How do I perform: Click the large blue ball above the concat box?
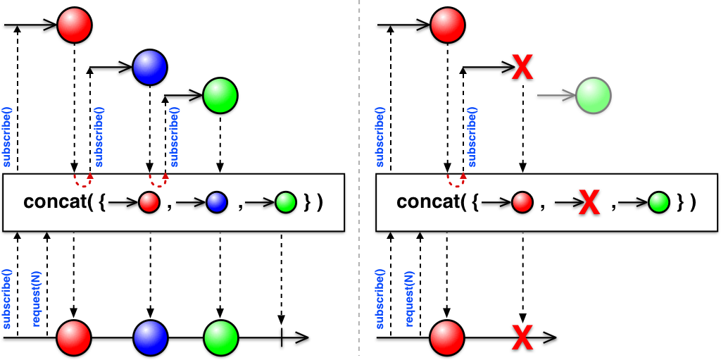(x=149, y=67)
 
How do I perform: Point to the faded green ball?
(x=593, y=96)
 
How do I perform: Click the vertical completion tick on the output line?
(x=281, y=337)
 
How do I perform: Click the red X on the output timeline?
(x=522, y=337)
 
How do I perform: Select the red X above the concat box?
(x=522, y=67)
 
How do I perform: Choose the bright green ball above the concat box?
(x=220, y=96)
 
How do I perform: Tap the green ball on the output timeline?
(x=220, y=337)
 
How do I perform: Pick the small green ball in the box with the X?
(x=659, y=203)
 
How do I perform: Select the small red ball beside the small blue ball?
(x=149, y=203)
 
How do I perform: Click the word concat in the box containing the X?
(x=427, y=202)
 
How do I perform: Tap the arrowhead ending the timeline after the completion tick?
(x=301, y=337)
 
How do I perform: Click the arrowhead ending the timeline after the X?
(x=549, y=337)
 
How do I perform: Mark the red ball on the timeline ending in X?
(x=447, y=337)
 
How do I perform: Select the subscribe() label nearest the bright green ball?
(x=175, y=136)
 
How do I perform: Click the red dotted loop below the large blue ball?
(x=157, y=180)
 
